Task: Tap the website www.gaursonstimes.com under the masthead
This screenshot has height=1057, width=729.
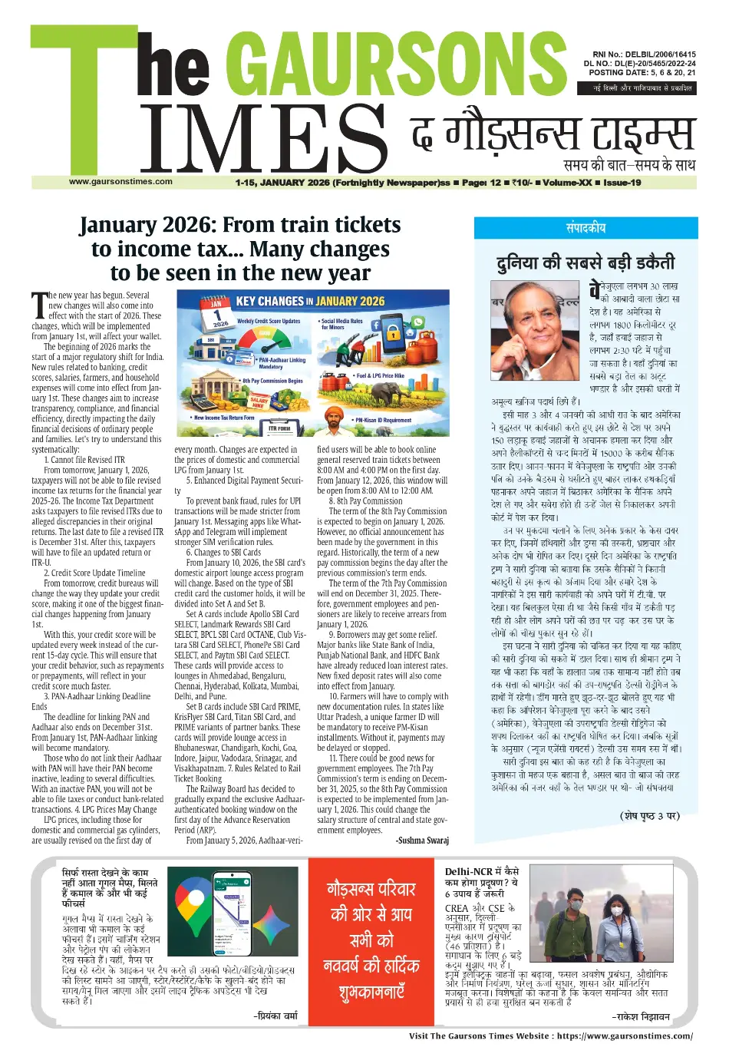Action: pos(120,182)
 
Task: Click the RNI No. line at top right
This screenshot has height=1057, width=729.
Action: pos(639,55)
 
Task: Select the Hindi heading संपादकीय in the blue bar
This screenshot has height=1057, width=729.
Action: pos(586,228)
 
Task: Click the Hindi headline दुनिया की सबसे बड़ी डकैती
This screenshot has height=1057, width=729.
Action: pos(586,263)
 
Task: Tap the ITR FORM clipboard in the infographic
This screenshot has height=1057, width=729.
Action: pos(279,431)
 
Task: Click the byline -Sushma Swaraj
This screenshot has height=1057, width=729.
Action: pos(422,841)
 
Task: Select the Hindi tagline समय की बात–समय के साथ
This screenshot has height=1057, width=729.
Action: pos(629,164)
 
